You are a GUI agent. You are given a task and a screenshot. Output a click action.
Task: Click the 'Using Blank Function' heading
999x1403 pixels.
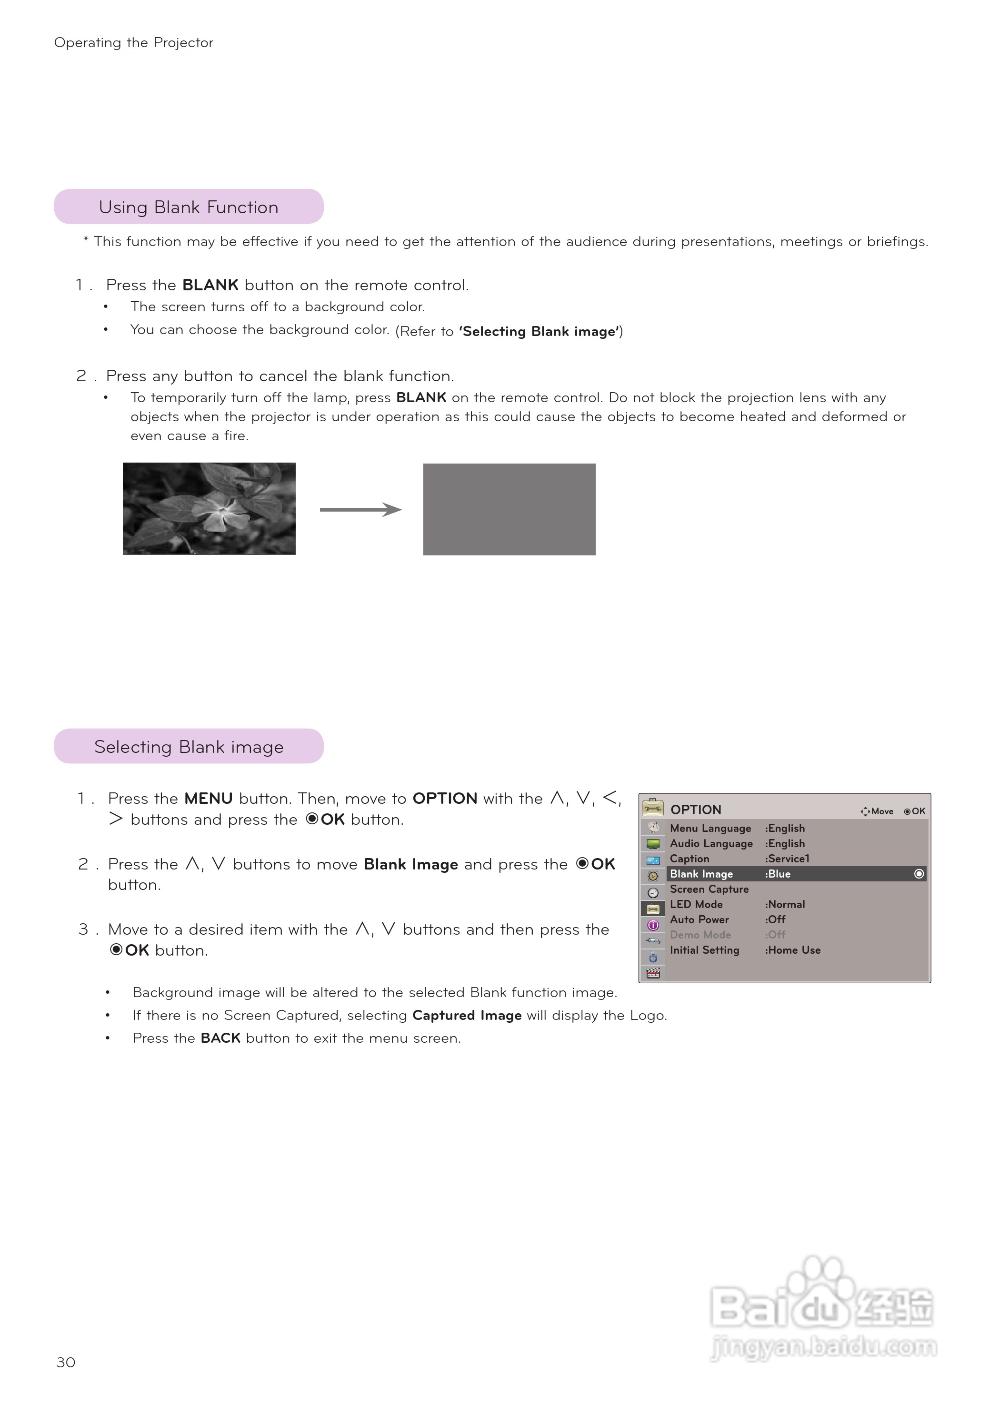pos(188,207)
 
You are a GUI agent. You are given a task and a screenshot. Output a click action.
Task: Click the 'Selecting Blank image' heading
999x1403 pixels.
pos(188,747)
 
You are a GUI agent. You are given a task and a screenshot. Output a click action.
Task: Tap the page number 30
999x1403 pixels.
pos(66,1363)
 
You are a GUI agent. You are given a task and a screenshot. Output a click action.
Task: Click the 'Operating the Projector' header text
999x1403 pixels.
pos(133,42)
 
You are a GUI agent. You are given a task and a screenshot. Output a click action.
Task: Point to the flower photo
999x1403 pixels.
pos(209,508)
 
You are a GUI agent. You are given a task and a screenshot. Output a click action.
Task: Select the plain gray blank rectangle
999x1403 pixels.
pos(509,509)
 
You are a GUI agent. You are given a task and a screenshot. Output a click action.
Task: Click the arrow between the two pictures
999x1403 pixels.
pos(360,509)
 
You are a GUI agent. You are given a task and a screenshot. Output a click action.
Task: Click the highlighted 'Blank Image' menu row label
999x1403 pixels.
pos(701,874)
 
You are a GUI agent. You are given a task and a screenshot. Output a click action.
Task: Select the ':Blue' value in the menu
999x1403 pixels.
pos(778,874)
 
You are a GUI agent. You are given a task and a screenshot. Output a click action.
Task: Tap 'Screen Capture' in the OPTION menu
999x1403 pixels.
pos(709,889)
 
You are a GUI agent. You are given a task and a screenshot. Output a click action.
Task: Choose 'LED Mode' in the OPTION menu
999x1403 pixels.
pos(696,904)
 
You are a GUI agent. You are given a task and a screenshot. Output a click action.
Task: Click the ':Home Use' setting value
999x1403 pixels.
pos(793,950)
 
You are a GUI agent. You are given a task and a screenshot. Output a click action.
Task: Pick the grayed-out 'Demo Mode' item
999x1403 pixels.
pos(700,935)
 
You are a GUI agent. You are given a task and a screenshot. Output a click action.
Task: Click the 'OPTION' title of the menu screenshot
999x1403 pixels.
pos(696,810)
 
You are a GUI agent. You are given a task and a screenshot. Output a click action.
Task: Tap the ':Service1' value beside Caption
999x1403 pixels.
pos(788,859)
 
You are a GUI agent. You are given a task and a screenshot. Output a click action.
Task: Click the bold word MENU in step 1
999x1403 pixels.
pos(208,799)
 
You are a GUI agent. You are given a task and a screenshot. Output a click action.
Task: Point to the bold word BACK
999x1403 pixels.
pos(220,1038)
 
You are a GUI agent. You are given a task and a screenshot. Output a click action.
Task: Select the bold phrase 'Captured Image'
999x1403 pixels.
pos(467,1015)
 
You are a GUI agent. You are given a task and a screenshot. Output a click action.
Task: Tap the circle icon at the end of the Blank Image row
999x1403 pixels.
pos(919,874)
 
